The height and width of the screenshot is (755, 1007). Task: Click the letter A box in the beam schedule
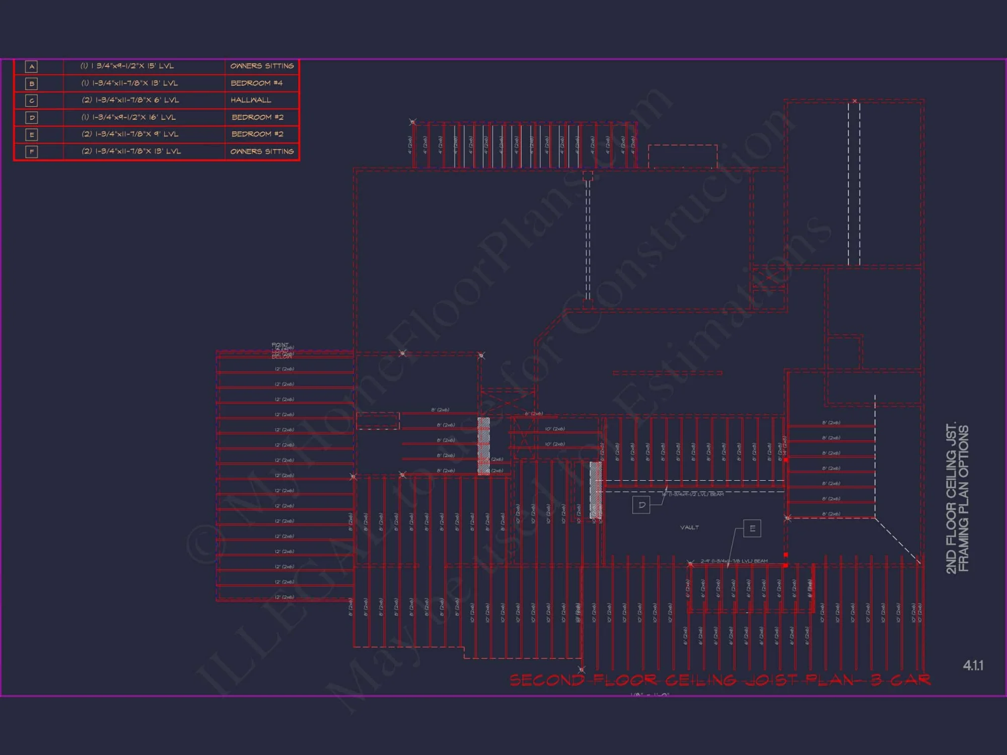(31, 66)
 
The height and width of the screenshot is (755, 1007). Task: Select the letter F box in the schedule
(31, 152)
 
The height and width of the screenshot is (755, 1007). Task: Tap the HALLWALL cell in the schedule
(251, 100)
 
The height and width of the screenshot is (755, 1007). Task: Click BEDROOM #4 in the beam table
(257, 83)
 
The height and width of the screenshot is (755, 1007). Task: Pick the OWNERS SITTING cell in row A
(262, 66)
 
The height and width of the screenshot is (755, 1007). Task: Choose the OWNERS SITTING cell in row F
(262, 152)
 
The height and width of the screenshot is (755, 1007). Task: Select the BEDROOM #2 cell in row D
(257, 117)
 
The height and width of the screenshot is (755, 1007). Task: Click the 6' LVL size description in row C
(130, 100)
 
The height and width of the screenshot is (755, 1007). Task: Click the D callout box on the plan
(641, 505)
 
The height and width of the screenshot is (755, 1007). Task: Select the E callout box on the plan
(752, 528)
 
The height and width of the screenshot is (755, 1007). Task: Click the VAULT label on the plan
(689, 527)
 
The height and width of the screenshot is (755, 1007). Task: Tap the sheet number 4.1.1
(973, 665)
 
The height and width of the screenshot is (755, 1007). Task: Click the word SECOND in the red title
(547, 681)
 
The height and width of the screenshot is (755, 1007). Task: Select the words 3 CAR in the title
(901, 681)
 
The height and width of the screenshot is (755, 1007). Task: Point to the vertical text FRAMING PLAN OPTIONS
(963, 498)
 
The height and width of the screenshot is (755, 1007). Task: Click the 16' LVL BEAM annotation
(693, 494)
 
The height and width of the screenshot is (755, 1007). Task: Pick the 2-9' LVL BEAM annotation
(734, 561)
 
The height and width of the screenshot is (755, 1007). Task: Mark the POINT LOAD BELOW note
(281, 351)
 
